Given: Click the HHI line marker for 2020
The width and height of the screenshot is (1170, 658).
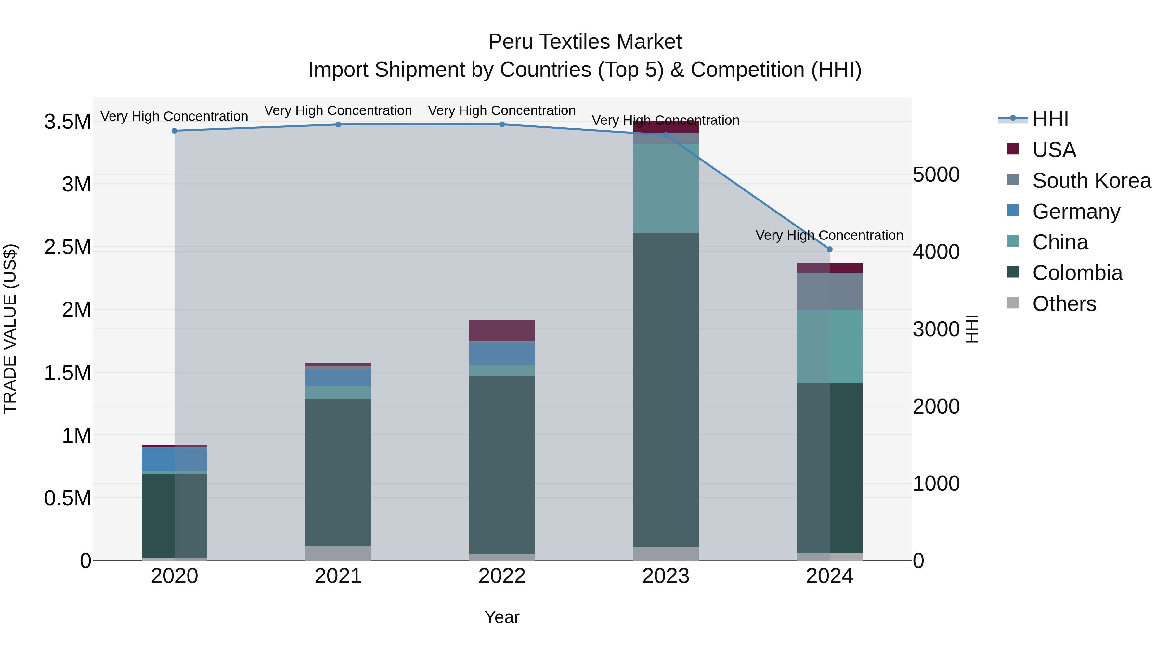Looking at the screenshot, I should [x=175, y=131].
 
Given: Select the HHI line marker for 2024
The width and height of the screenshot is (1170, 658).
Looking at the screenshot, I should [x=829, y=249].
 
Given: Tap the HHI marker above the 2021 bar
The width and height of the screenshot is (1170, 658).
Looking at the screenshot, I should [x=338, y=124].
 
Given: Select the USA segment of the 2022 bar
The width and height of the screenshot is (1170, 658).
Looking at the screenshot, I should [x=502, y=330].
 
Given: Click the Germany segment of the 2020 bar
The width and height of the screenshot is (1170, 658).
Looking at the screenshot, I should [x=175, y=459].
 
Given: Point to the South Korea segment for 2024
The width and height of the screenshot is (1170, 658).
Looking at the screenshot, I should [x=829, y=291].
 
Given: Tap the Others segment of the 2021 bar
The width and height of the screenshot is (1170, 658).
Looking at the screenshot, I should [x=338, y=553].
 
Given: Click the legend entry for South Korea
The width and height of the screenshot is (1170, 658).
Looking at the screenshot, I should [x=1091, y=181].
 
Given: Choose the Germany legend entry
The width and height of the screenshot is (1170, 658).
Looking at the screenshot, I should [x=1076, y=212].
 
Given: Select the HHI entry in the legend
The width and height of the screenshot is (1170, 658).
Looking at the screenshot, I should [x=1050, y=119].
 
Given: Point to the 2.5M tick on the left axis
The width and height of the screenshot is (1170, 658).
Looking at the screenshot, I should [x=68, y=248].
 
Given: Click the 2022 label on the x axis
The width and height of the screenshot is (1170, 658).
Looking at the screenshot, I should [x=502, y=576].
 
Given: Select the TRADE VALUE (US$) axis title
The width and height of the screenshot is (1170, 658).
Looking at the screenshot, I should [x=10, y=329].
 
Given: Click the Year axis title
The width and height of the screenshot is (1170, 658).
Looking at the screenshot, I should [x=502, y=617].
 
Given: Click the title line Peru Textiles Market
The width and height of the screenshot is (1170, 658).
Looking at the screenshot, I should [x=585, y=42].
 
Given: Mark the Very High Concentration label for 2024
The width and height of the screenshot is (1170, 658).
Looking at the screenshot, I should [x=829, y=235].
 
